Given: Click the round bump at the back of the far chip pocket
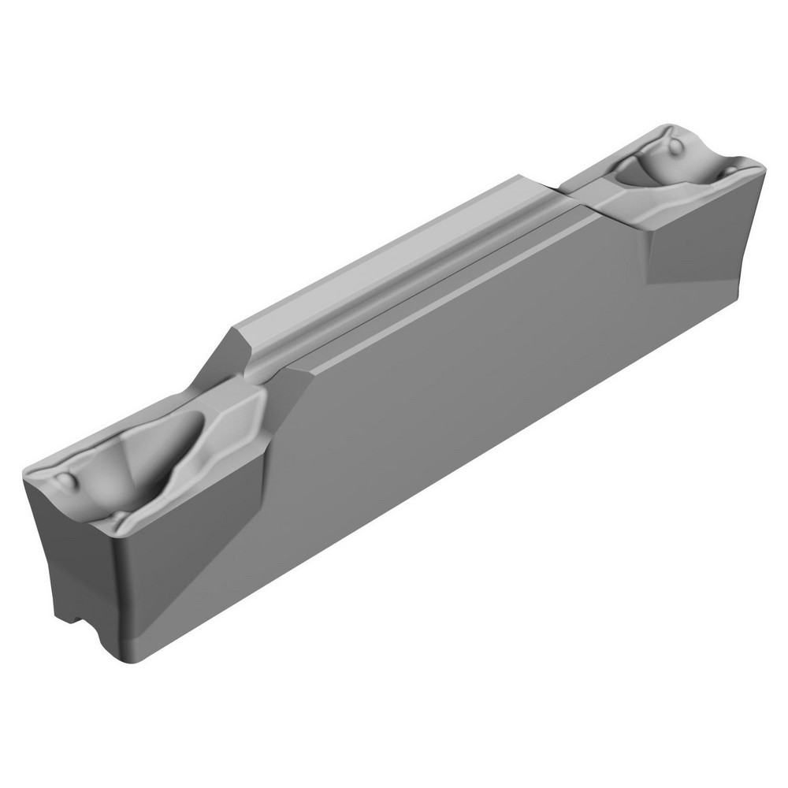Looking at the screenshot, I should [675, 147].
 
